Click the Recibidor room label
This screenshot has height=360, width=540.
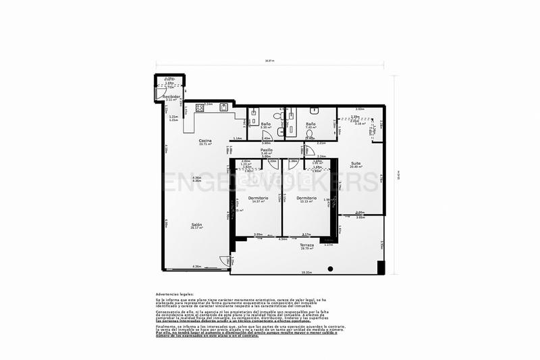pyautogui.click(x=171, y=97)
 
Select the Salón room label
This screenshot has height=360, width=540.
pyautogui.click(x=196, y=224)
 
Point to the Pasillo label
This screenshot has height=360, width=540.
pyautogui.click(x=267, y=150)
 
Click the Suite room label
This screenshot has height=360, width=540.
pyautogui.click(x=355, y=163)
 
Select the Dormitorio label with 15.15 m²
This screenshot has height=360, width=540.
pyautogui.click(x=306, y=198)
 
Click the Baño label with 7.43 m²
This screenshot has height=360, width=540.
pyautogui.click(x=310, y=124)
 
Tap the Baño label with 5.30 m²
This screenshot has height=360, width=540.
pyautogui.click(x=266, y=124)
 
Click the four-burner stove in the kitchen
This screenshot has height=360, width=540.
pyautogui.click(x=200, y=107)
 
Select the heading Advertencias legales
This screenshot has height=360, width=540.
pyautogui.click(x=174, y=294)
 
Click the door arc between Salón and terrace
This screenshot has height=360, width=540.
pyautogui.click(x=232, y=260)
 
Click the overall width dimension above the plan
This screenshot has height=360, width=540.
pyautogui.click(x=270, y=61)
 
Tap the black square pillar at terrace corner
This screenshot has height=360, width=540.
pyautogui.click(x=381, y=267)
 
